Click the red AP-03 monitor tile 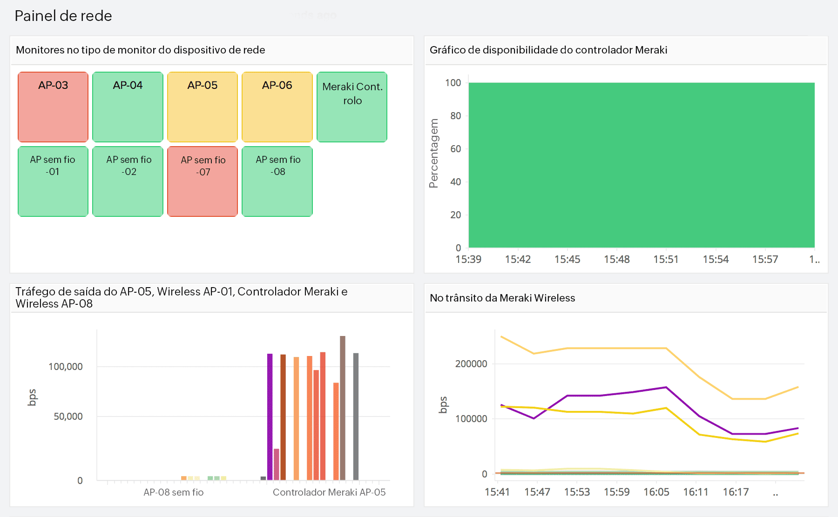pos(53,107)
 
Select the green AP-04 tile pos(128,107)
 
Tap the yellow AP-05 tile pos(203,107)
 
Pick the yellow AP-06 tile pos(277,107)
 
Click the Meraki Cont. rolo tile pos(352,107)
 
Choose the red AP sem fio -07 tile pos(203,181)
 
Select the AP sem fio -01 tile pos(53,181)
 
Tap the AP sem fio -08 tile pos(277,181)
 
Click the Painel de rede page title pos(63,16)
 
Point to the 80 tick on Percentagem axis pos(455,116)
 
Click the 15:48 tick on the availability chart pos(616,259)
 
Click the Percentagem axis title pos(434,154)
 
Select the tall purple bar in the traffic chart pos(270,416)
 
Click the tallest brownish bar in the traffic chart pos(343,407)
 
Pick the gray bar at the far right pos(356,416)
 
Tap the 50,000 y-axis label pos(68,416)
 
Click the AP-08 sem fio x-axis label pos(173,492)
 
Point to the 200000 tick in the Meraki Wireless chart pos(471,364)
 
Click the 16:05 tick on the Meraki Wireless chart pos(656,492)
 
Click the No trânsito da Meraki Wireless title pos(502,298)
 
